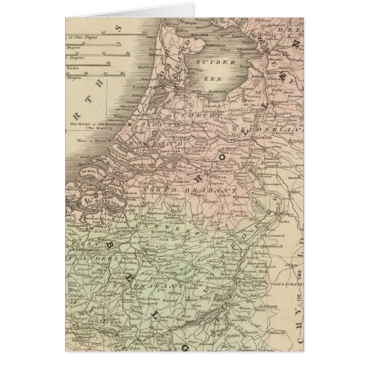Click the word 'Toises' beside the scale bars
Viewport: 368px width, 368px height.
click(73, 67)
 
